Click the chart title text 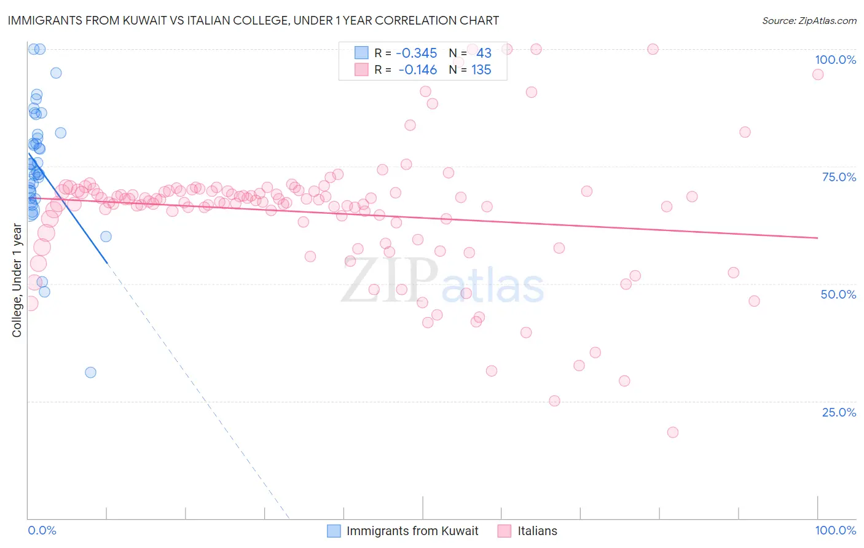(253, 20)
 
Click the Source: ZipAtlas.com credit (809, 20)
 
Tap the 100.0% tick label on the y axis (835, 60)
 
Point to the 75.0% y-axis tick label (839, 177)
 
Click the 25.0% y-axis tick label (839, 412)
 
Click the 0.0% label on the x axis (42, 530)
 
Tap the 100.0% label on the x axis (835, 530)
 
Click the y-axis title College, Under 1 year (17, 280)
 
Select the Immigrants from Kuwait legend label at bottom (412, 531)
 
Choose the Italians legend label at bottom (537, 531)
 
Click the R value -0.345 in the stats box (416, 53)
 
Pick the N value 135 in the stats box (481, 70)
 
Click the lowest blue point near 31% (90, 372)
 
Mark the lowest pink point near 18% (672, 433)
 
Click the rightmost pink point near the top (817, 74)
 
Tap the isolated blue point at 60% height (106, 237)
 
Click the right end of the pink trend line (817, 238)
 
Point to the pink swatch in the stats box (361, 70)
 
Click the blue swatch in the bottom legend (334, 531)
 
